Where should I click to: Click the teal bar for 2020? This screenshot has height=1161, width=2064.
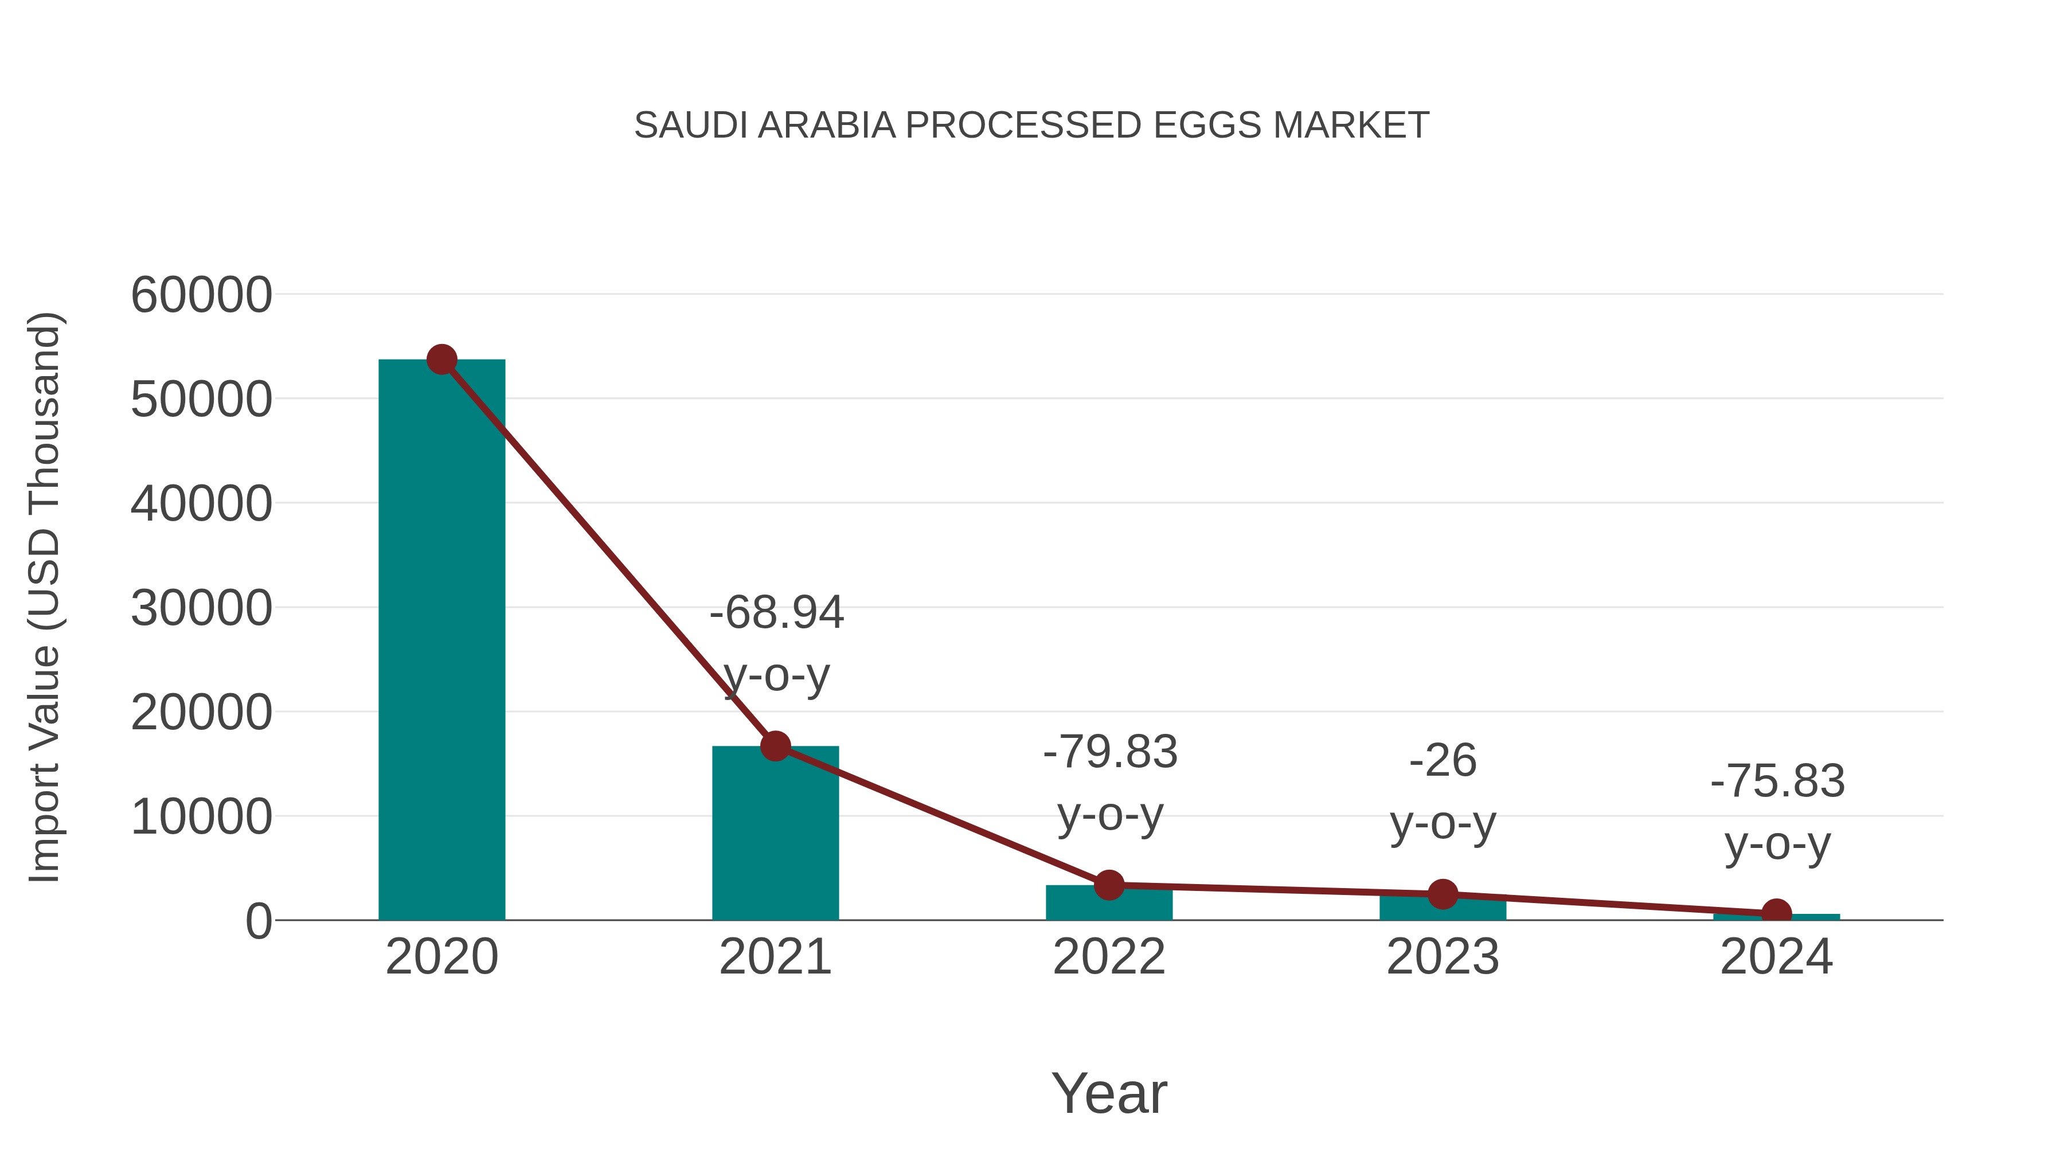[x=441, y=641]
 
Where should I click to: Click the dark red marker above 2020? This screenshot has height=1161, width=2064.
[x=441, y=359]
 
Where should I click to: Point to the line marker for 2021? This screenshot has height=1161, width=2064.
[x=775, y=746]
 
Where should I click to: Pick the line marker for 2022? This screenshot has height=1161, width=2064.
[x=1109, y=885]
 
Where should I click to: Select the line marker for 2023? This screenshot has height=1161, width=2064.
[x=1443, y=894]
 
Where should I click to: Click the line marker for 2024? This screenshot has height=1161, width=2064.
[x=1776, y=913]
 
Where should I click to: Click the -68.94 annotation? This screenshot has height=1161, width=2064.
[x=776, y=613]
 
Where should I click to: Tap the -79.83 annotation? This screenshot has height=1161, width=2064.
[x=1110, y=752]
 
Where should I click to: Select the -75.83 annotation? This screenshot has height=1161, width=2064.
[x=1777, y=781]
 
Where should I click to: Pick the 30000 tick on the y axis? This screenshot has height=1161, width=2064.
[x=201, y=608]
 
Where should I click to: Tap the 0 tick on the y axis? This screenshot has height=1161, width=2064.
[x=258, y=921]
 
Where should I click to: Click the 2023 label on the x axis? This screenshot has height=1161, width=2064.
[x=1443, y=957]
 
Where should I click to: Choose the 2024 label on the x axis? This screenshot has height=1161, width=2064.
[x=1776, y=957]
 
